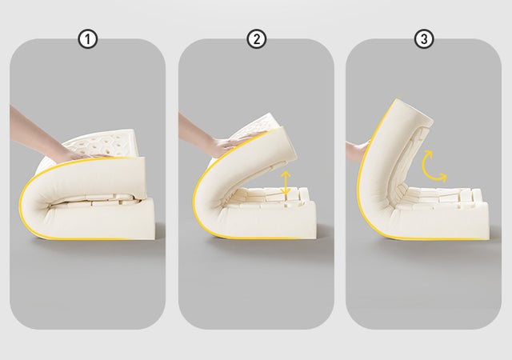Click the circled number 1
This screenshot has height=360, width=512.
[87, 39]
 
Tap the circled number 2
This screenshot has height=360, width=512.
[256, 39]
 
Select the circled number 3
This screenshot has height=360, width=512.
[424, 39]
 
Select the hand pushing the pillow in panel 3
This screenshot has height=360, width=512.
[358, 151]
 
